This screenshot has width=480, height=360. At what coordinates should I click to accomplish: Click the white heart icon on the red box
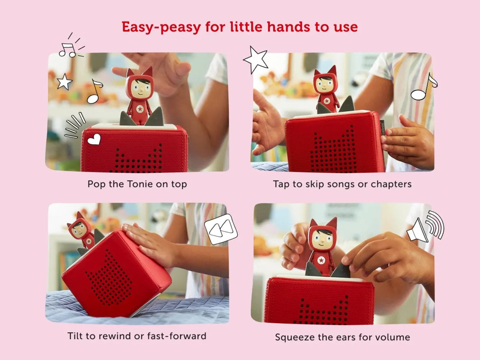click(94, 139)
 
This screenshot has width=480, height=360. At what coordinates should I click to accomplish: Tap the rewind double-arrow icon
click(221, 229)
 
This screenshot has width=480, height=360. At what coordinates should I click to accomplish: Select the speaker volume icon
click(425, 226)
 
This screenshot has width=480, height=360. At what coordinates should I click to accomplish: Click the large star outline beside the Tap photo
click(256, 59)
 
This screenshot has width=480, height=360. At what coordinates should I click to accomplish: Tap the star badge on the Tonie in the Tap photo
click(327, 101)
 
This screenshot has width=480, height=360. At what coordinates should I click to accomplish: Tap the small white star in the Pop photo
click(64, 82)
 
